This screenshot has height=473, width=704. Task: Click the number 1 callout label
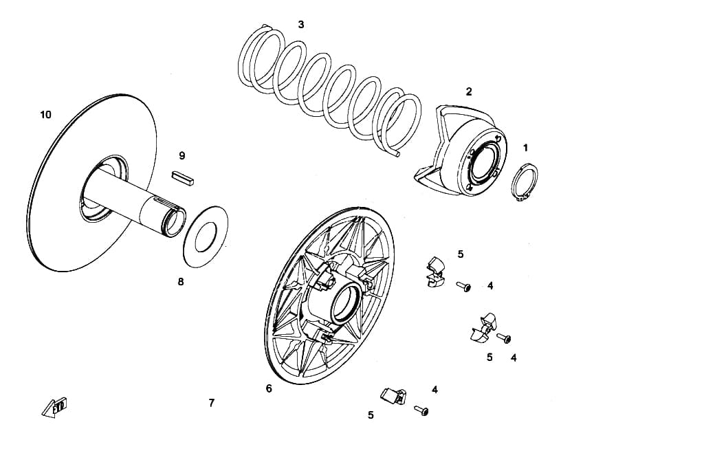click(525, 148)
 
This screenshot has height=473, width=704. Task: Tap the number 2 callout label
click(469, 91)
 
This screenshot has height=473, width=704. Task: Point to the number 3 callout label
click(301, 24)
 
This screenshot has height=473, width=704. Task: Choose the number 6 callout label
click(269, 388)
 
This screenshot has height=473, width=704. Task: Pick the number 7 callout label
click(212, 403)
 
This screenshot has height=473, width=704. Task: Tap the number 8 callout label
click(181, 282)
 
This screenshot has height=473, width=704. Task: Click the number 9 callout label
click(181, 156)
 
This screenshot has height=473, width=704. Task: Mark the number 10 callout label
click(46, 115)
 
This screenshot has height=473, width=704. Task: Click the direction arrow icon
click(55, 407)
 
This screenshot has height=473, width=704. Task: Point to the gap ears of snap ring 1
click(520, 197)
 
